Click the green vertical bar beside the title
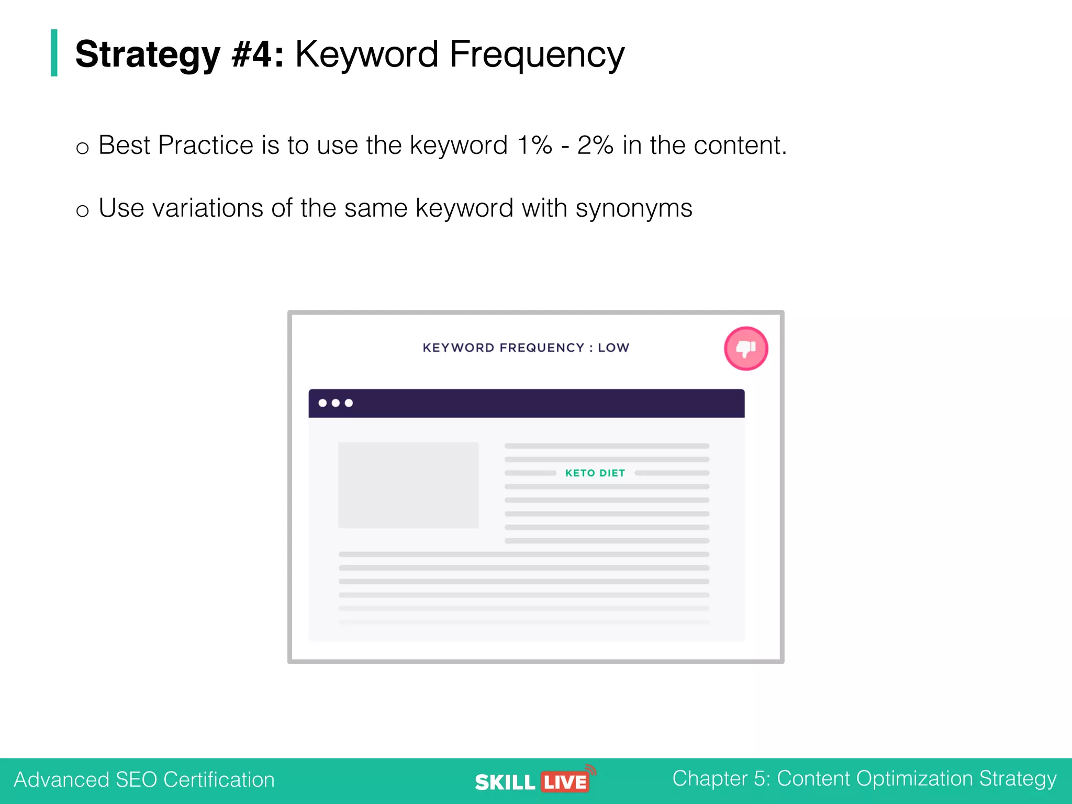coord(54,53)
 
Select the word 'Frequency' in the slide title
coord(537,55)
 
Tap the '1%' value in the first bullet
coord(534,145)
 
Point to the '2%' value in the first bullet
coord(595,145)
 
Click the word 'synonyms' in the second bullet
coord(633,209)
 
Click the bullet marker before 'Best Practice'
coord(82,148)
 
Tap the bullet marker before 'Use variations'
coord(82,211)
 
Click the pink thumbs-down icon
coord(745,349)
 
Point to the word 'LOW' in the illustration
coord(613,348)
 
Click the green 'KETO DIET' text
coord(595,473)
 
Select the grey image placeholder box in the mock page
coord(408,485)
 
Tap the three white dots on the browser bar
coord(336,403)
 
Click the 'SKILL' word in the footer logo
coord(505,783)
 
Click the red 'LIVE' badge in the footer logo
coord(565,783)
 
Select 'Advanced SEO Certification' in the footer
coord(144,779)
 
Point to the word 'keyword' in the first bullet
coord(459,145)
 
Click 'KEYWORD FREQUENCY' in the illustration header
coord(502,348)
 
